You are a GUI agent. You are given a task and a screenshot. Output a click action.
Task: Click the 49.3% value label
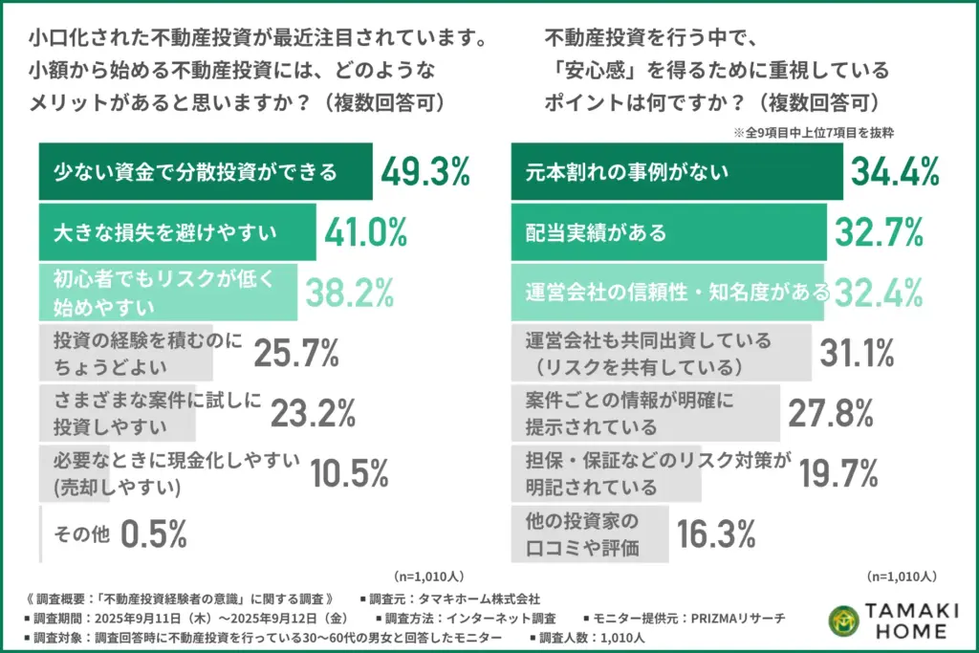(425, 172)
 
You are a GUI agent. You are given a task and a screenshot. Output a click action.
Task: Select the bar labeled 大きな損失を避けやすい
(177, 232)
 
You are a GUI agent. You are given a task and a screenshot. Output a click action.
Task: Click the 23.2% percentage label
(313, 413)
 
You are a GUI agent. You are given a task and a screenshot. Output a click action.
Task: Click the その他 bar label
(73, 534)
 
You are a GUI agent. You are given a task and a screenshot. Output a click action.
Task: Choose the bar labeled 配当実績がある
(668, 232)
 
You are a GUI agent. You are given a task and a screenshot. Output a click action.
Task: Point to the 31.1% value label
(857, 354)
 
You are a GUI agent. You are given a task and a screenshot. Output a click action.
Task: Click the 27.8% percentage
(831, 413)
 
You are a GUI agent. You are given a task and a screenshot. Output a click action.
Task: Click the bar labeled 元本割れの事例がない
(677, 172)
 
